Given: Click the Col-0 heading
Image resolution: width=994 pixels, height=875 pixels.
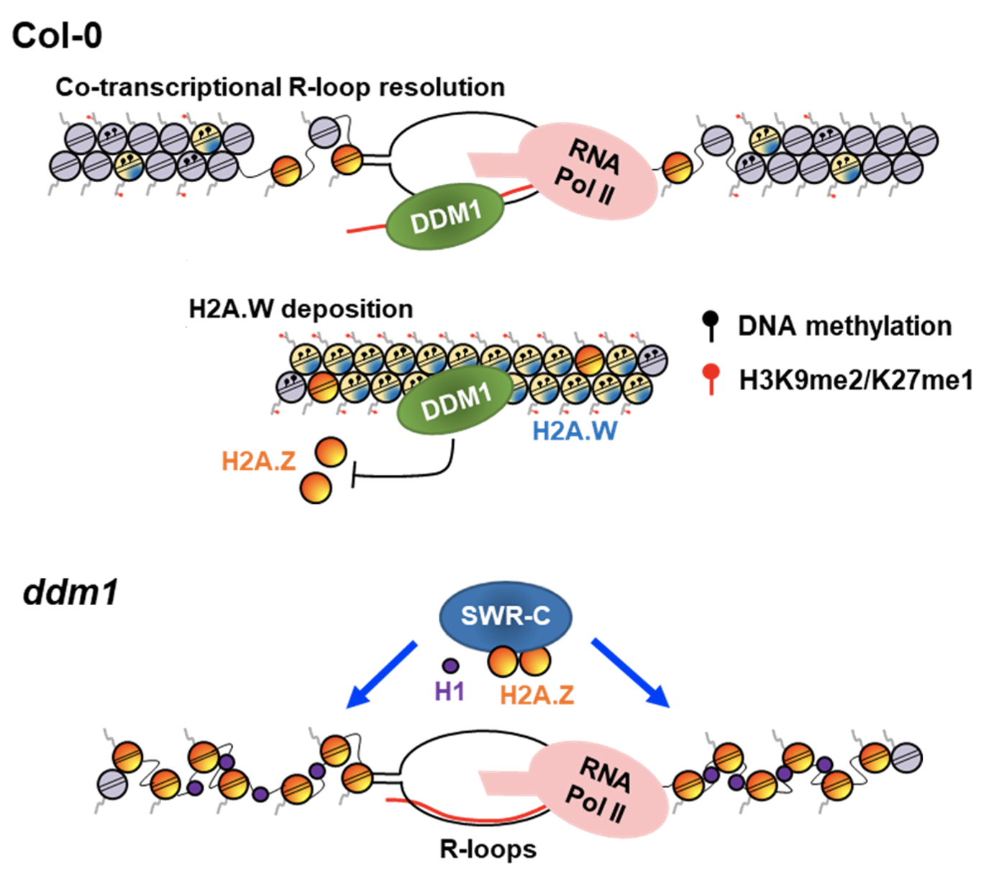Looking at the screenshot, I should pyautogui.click(x=58, y=35).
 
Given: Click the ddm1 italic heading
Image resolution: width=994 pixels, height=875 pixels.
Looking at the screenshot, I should pyautogui.click(x=70, y=592).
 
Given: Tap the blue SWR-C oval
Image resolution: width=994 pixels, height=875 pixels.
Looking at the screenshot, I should pyautogui.click(x=506, y=616).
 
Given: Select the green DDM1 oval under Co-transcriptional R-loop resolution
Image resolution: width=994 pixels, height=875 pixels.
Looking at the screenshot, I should pyautogui.click(x=445, y=216).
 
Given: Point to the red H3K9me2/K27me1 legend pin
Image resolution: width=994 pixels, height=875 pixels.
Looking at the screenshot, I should pyautogui.click(x=711, y=378).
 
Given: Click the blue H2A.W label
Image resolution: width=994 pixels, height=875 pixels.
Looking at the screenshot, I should pyautogui.click(x=575, y=431).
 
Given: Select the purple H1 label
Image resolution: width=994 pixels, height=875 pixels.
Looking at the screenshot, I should pyautogui.click(x=450, y=692).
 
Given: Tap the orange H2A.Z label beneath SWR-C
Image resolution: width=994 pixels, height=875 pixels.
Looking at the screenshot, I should pyautogui.click(x=537, y=694).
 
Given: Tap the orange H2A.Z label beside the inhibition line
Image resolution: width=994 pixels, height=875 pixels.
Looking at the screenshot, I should pyautogui.click(x=258, y=461).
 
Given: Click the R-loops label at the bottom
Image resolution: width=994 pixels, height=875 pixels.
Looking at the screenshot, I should pyautogui.click(x=488, y=849).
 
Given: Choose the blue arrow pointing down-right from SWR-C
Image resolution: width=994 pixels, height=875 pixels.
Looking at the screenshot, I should pyautogui.click(x=630, y=674).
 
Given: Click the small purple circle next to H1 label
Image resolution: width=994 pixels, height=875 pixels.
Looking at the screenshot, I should pyautogui.click(x=450, y=666).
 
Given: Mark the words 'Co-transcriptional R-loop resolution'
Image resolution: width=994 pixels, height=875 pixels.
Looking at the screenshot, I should pyautogui.click(x=280, y=87).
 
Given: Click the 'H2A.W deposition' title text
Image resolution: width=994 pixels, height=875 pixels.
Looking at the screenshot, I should pyautogui.click(x=301, y=309).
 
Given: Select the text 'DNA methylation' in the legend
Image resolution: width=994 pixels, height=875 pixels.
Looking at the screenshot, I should pyautogui.click(x=844, y=326).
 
